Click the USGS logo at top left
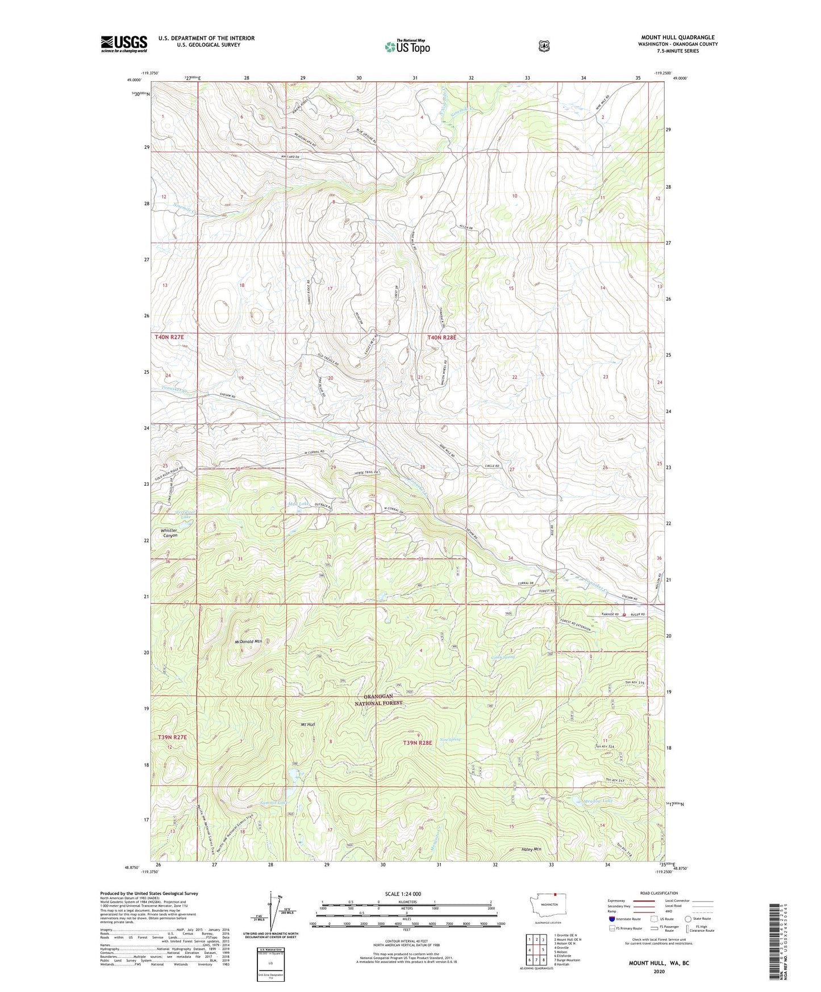(124, 44)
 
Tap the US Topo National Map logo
(407, 46)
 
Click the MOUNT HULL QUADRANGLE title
(677, 37)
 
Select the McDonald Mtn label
(248, 641)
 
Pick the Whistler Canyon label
(169, 533)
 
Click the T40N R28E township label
(442, 337)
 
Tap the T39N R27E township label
(172, 737)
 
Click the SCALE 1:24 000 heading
(403, 894)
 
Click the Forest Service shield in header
(544, 46)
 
